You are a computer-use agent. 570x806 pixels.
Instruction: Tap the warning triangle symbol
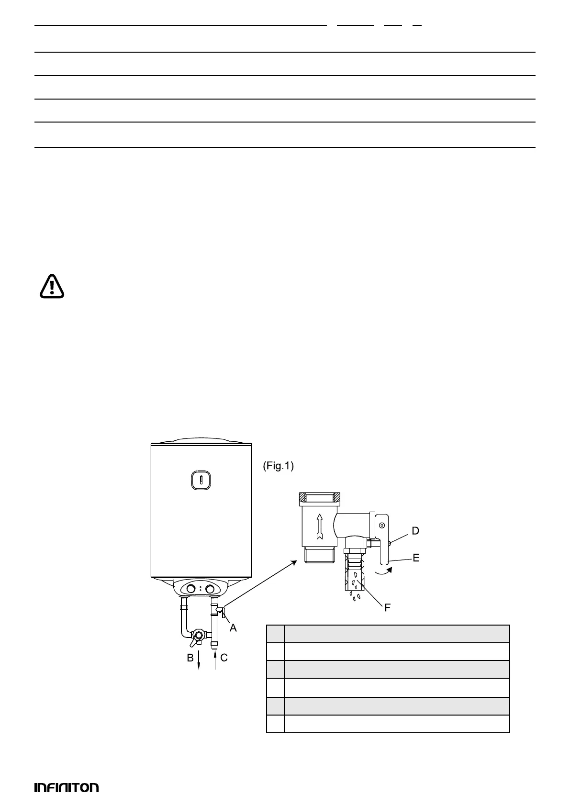pyautogui.click(x=52, y=286)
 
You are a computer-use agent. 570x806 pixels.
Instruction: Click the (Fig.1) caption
pyautogui.click(x=278, y=466)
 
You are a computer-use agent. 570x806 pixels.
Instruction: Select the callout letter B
pyautogui.click(x=190, y=658)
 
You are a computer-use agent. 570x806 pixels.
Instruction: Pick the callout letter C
pyautogui.click(x=224, y=658)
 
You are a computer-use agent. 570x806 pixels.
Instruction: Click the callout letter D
pyautogui.click(x=415, y=531)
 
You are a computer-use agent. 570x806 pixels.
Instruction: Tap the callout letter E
pyautogui.click(x=416, y=558)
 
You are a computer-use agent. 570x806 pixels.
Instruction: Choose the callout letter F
pyautogui.click(x=388, y=608)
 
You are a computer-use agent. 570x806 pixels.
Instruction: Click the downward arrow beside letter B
pyautogui.click(x=199, y=660)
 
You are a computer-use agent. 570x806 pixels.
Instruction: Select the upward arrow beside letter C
pyautogui.click(x=215, y=660)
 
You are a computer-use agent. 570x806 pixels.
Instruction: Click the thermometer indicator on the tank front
pyautogui.click(x=201, y=480)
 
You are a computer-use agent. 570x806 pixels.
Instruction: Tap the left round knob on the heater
pyautogui.click(x=191, y=589)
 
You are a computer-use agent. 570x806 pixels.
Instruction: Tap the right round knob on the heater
pyautogui.click(x=210, y=589)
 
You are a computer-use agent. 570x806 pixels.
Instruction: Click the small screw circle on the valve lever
pyautogui.click(x=382, y=526)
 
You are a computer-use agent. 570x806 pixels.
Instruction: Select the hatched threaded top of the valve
pyautogui.click(x=319, y=498)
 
